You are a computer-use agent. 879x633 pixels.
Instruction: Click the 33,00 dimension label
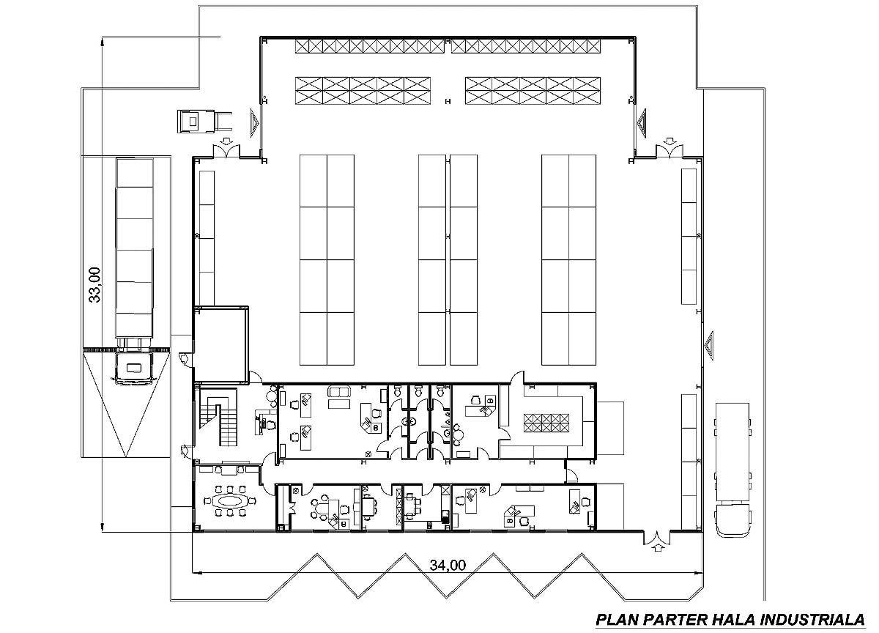[95, 285]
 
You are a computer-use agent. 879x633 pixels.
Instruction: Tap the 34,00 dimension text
[448, 565]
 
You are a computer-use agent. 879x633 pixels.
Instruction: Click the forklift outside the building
[204, 122]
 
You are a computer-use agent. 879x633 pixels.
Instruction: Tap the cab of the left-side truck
[133, 367]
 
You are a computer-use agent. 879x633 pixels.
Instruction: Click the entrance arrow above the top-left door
[226, 140]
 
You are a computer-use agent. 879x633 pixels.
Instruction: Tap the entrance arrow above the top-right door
[669, 141]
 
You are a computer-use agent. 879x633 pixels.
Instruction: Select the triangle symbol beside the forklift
[255, 123]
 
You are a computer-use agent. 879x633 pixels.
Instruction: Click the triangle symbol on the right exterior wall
[709, 346]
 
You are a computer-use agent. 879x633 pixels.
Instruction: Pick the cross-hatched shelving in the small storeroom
[546, 423]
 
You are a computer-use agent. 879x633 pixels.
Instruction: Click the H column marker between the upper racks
[448, 102]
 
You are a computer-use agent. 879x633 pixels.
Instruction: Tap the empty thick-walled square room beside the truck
[222, 344]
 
